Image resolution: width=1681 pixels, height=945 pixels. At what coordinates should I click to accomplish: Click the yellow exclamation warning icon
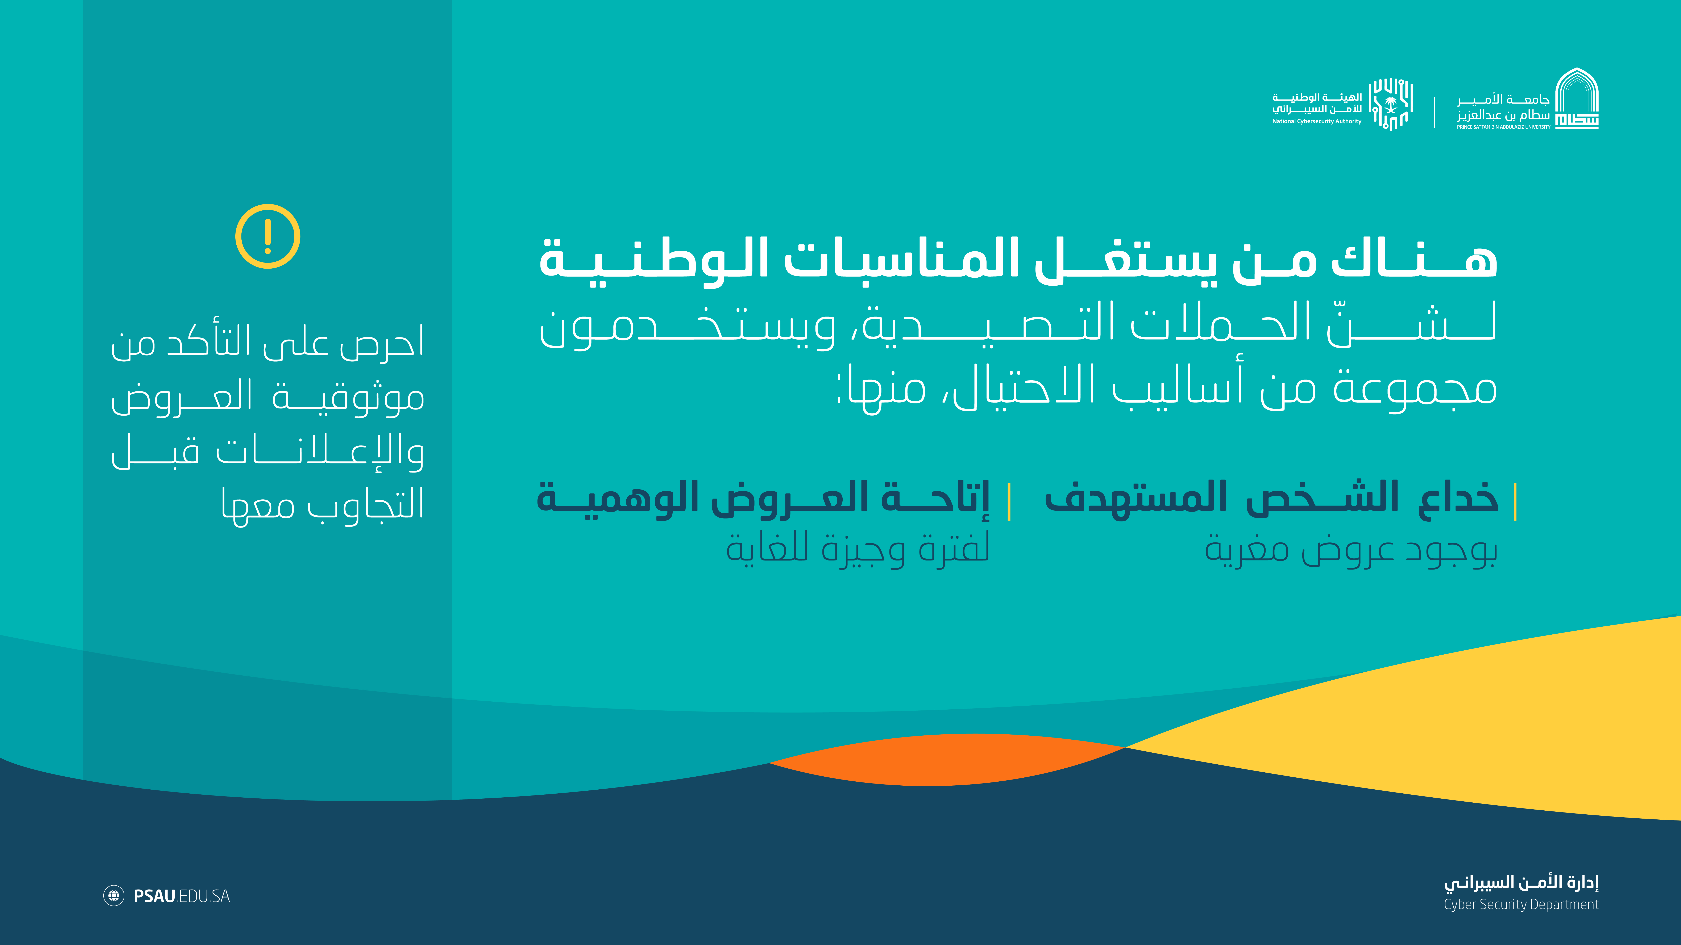click(x=267, y=236)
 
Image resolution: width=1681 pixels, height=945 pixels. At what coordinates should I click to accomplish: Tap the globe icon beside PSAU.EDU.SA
click(x=113, y=895)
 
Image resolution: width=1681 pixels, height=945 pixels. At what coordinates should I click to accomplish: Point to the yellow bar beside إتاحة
click(x=1009, y=501)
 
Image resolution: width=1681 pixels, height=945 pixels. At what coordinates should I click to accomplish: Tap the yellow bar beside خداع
click(x=1515, y=501)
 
